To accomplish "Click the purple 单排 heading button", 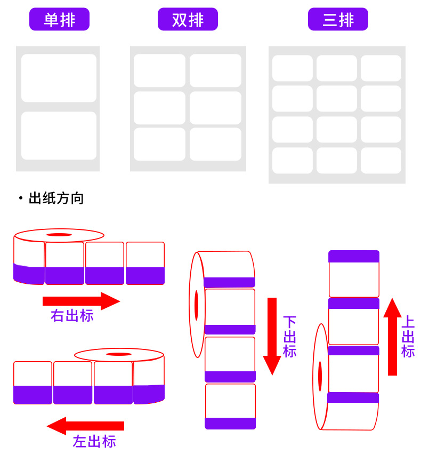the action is pos(59,20).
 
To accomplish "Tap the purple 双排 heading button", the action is pos(188,20).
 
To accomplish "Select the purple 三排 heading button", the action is pos(338,20).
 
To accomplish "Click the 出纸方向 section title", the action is pos(56,199).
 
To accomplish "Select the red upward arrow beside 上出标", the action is pos(392,336).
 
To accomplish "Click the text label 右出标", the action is pos(72,316).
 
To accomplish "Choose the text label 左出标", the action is pos(94,442).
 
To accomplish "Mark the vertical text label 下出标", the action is pos(289,337).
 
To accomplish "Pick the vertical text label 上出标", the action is pos(408,337).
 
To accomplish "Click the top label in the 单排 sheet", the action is pos(59,78).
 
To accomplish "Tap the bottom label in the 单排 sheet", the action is pos(59,136).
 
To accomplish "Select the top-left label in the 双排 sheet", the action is pos(159,70).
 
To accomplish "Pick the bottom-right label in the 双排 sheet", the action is pos(215,144).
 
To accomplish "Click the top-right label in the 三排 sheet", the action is pos(380,68).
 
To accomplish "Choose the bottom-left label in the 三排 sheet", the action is pos(293,160).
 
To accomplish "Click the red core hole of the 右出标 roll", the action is pos(59,235).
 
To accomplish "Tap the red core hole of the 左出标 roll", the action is pos(119,354).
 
